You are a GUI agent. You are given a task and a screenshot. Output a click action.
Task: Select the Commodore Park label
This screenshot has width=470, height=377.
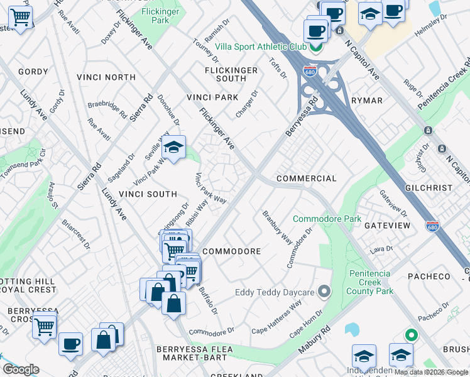coord(327,219)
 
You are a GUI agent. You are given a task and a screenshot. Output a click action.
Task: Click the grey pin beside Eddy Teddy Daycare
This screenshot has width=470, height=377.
coord(324,292)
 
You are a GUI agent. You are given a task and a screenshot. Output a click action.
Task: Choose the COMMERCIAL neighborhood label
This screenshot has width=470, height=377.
coord(307,179)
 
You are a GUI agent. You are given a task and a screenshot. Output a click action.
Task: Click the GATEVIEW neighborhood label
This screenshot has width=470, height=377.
coord(387,225)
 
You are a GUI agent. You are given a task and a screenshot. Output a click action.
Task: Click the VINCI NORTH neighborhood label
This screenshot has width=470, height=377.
coord(106,77)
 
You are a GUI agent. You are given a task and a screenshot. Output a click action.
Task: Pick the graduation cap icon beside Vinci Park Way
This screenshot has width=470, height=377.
coord(173,148)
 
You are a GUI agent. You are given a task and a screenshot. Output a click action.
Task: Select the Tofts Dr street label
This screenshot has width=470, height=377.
coord(278,68)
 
